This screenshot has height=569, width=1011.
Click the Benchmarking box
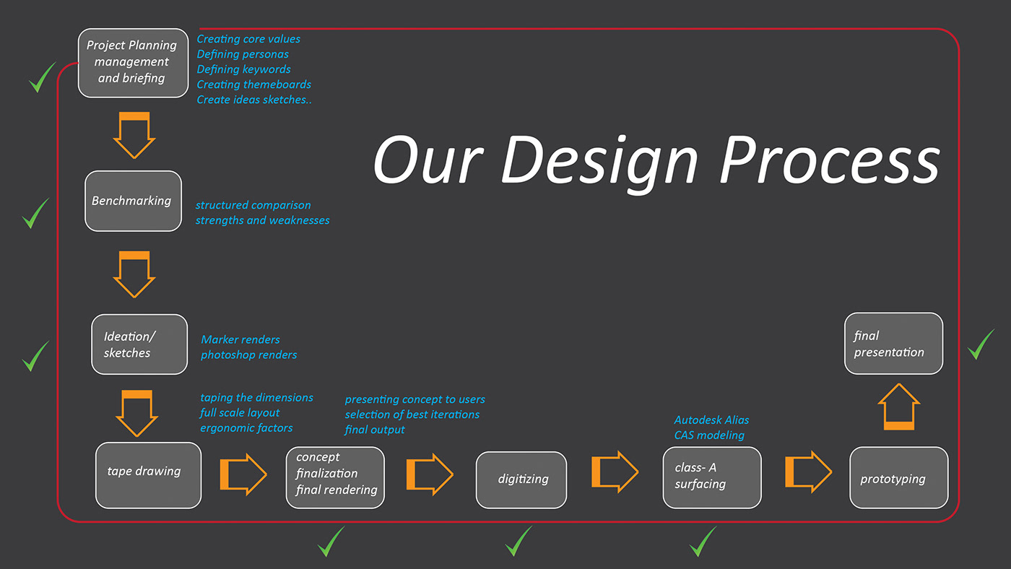133,201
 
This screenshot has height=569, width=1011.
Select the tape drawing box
149,475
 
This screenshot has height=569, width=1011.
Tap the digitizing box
521,479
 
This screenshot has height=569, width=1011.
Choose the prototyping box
898,477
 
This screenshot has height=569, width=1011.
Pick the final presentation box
894,344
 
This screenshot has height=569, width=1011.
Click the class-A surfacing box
712,477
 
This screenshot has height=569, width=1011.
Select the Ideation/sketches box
139,344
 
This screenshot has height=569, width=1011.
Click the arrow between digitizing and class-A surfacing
615,472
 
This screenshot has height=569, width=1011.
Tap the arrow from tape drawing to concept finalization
243,474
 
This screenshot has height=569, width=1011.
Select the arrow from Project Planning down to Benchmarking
134,135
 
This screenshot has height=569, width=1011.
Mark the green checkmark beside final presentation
981,344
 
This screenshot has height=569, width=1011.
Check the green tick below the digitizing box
518,541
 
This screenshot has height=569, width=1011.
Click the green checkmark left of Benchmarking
35,213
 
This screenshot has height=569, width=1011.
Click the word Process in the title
830,161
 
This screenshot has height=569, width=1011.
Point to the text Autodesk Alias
711,420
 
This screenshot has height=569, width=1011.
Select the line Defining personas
243,55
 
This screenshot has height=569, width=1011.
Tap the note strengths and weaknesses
262,220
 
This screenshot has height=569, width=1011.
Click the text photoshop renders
248,355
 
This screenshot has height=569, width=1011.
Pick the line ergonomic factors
246,428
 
